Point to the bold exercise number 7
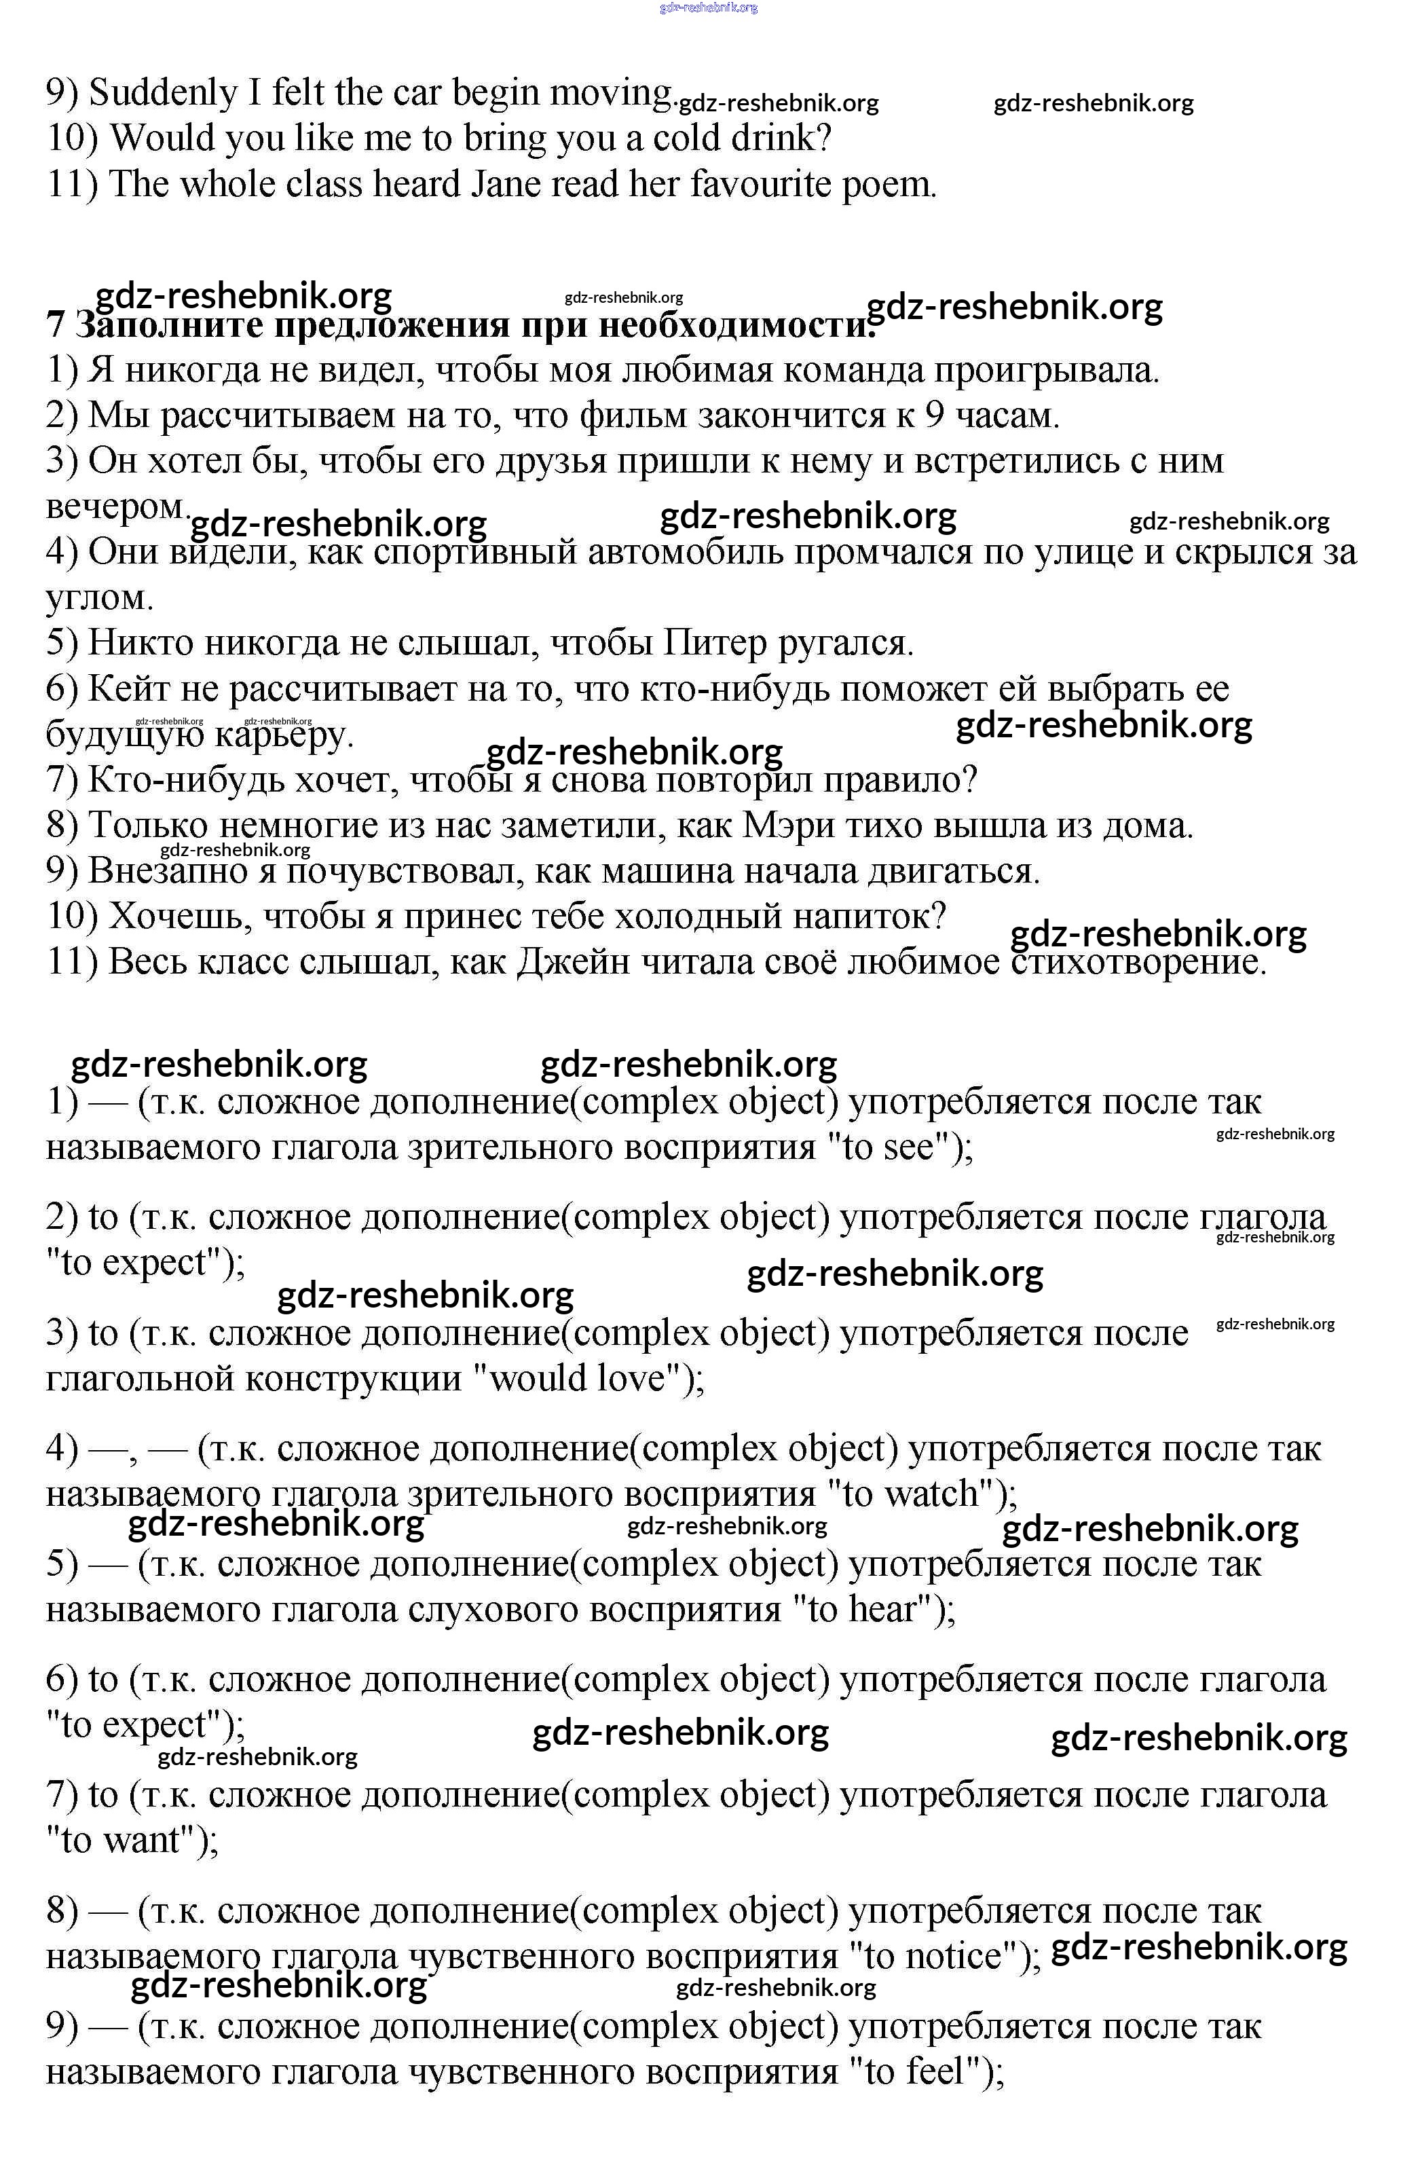56,325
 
